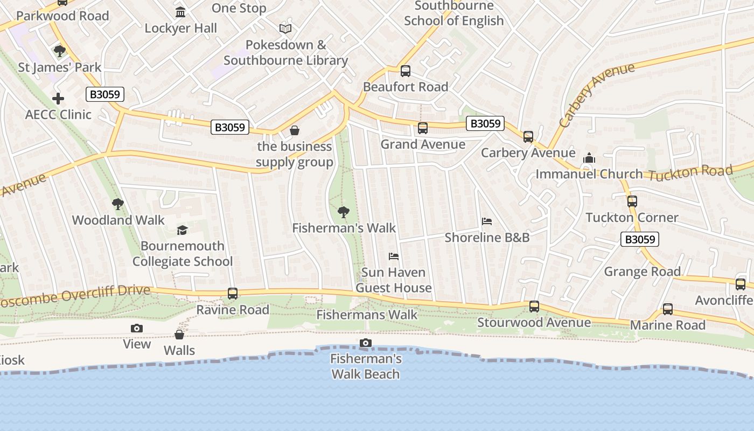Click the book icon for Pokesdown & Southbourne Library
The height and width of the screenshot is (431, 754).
[x=285, y=29]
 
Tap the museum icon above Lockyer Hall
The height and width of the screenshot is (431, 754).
[x=180, y=12]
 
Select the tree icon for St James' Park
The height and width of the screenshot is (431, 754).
[x=59, y=51]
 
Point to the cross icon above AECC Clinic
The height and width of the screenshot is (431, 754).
[x=58, y=99]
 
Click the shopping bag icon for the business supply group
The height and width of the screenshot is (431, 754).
[x=295, y=130]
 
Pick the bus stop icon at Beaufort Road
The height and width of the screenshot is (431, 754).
[x=406, y=71]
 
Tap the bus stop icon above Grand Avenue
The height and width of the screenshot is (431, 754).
[x=423, y=128]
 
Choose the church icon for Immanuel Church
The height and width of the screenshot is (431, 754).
[x=589, y=158]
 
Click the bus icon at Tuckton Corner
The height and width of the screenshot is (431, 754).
[x=632, y=201]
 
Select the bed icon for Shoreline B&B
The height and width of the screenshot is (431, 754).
[x=486, y=221]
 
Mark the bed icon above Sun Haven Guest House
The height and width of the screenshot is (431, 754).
[x=394, y=256]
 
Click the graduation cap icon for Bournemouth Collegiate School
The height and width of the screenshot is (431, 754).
[x=182, y=231]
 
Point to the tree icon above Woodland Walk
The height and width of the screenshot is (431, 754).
[x=118, y=204]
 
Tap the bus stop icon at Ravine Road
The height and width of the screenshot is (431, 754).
[x=233, y=294]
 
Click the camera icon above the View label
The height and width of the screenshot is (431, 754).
[x=137, y=328]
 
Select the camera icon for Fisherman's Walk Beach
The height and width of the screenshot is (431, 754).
[x=365, y=343]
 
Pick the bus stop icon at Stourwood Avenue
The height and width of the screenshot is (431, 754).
[x=534, y=307]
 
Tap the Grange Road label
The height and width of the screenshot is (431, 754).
[x=642, y=272]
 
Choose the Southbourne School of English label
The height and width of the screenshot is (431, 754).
[x=454, y=13]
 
